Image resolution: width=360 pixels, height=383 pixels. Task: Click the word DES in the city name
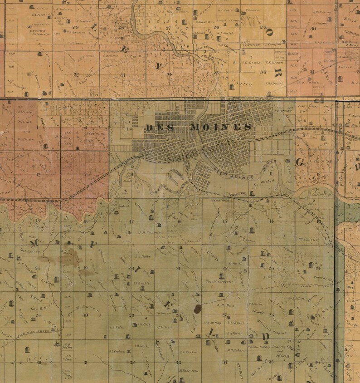point(157,128)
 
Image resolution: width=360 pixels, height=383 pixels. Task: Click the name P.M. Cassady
point(148,234)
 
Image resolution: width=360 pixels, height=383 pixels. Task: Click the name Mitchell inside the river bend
point(268,181)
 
